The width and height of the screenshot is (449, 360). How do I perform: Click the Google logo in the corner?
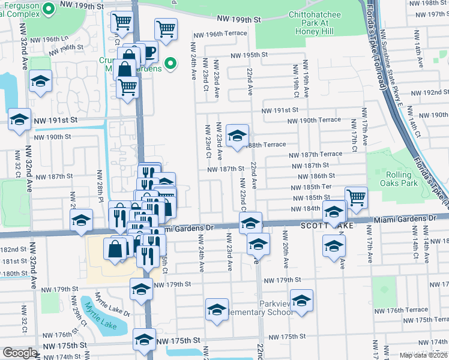[x=19, y=353]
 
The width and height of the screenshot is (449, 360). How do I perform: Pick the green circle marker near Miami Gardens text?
[x=170, y=62]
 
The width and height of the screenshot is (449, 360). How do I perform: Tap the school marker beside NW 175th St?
[x=144, y=340]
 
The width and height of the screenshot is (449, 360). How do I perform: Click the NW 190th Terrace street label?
[x=314, y=121]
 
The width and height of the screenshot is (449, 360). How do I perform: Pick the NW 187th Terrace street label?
[x=315, y=154]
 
